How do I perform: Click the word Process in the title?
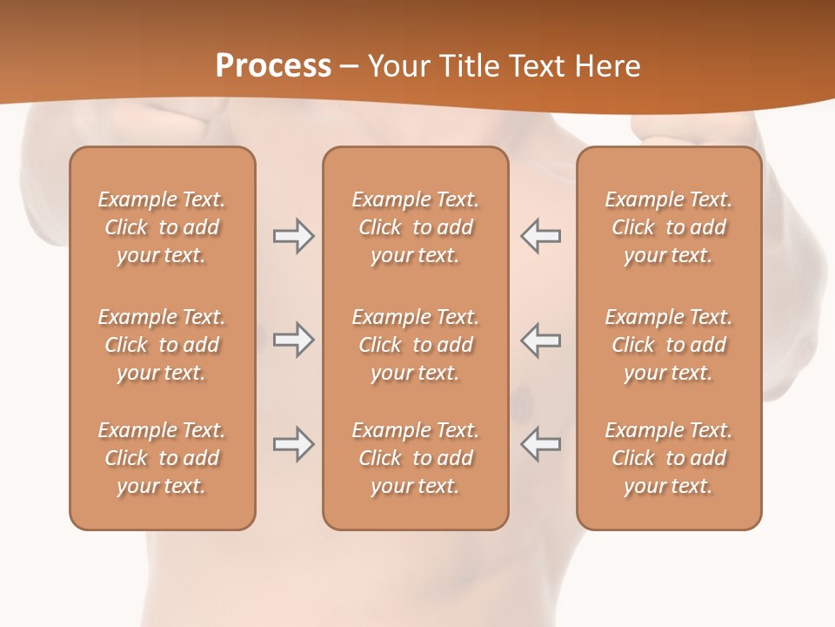tap(273, 66)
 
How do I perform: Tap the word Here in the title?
tap(608, 66)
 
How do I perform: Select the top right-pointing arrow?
tap(293, 236)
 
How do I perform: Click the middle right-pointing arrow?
tap(293, 340)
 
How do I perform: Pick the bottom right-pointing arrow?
tap(293, 444)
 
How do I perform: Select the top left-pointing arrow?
tap(540, 236)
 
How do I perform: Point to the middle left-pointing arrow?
tap(540, 340)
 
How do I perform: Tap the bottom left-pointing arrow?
tap(540, 444)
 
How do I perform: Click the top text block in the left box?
tap(162, 227)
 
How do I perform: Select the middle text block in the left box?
tap(162, 345)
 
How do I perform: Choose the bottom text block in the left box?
tap(162, 458)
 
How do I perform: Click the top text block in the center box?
tap(415, 227)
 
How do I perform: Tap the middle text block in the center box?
tap(415, 345)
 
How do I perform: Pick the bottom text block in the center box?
tap(415, 458)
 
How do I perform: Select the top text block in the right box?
tap(669, 227)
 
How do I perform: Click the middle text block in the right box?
tap(669, 345)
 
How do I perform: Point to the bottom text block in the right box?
tap(669, 458)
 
